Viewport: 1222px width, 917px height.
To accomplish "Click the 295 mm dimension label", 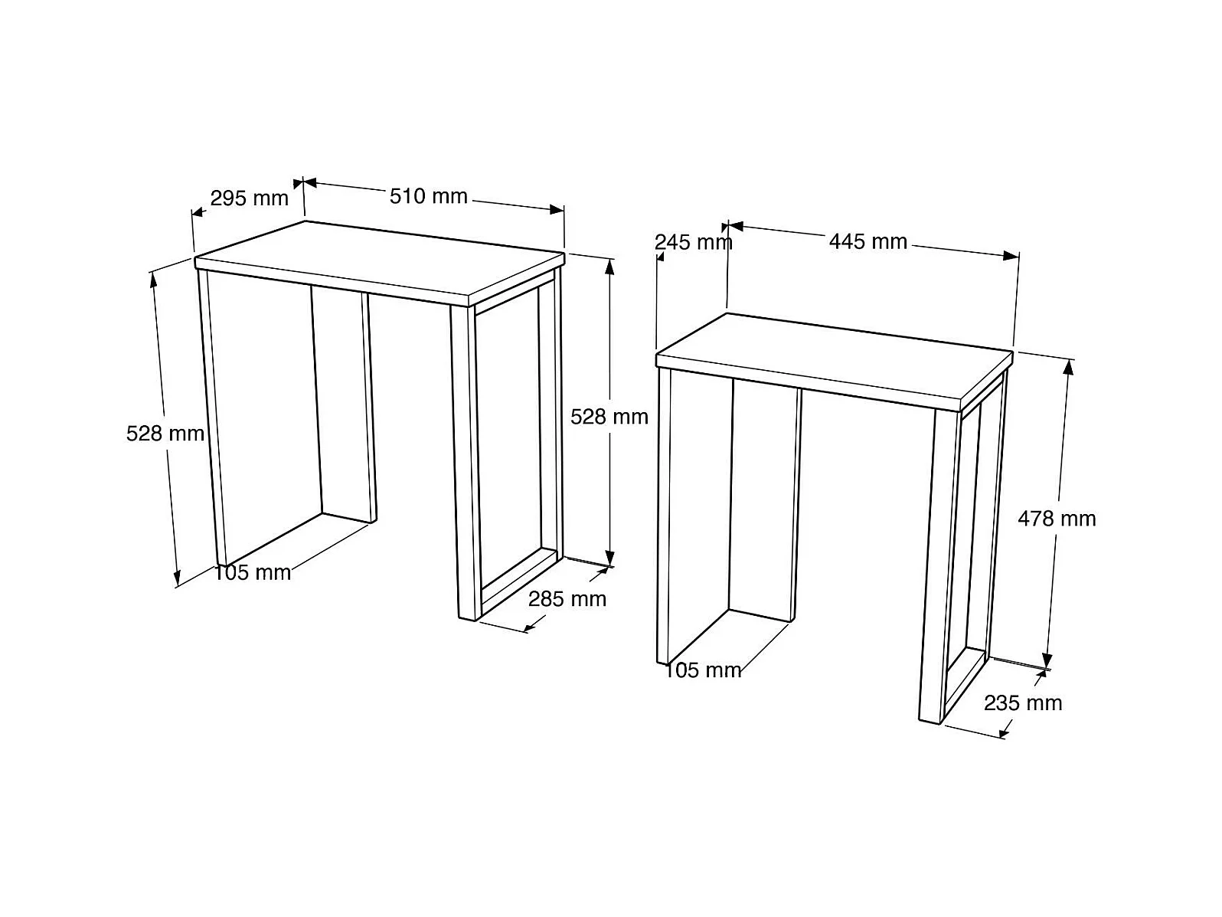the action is [249, 198].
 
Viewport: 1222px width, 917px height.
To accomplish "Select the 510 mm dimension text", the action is [428, 196].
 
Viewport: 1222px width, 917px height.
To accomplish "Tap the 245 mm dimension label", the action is [693, 242].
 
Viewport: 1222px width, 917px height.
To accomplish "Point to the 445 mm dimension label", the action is [868, 241].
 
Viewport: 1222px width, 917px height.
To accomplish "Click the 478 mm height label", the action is [1056, 519].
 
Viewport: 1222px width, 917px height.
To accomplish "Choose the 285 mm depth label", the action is [567, 599].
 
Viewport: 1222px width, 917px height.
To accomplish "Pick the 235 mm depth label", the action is [1023, 703].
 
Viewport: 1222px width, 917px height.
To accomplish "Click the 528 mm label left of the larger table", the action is [165, 434].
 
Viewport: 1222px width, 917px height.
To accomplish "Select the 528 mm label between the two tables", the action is [609, 417].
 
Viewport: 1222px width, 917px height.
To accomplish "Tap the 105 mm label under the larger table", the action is [253, 573].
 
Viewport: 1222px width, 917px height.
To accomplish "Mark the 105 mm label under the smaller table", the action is [703, 670].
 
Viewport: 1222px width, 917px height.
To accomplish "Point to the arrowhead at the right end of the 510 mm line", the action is [557, 209].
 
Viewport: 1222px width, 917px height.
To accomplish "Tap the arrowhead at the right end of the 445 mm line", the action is [1011, 256].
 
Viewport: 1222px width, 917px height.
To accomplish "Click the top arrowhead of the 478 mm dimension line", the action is [1068, 368].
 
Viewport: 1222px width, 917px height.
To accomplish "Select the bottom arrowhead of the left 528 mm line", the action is [178, 578].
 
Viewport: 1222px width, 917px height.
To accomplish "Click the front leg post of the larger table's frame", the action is [466, 461].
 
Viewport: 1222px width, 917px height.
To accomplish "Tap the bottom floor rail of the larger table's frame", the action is [519, 584].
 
